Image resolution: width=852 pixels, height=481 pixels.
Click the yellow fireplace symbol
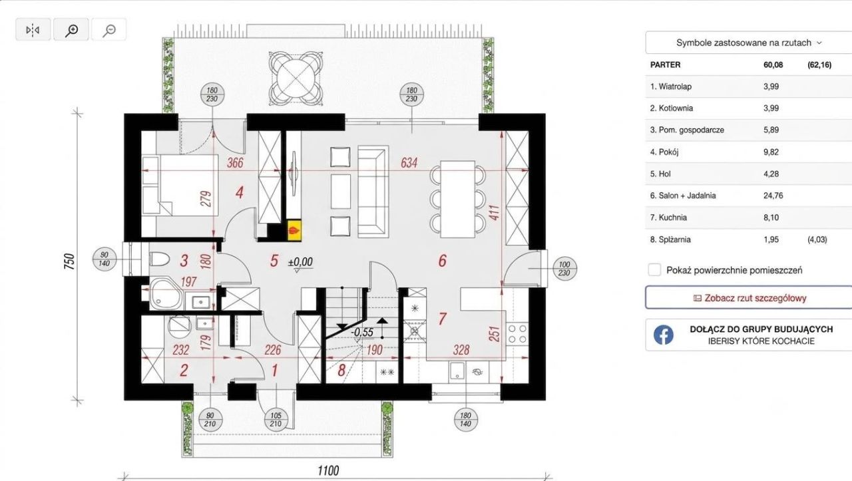point(294,230)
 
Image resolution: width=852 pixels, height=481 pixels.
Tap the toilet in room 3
point(159,259)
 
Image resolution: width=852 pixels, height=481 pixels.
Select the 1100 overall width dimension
point(328,471)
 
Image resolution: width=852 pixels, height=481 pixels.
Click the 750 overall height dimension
point(69,261)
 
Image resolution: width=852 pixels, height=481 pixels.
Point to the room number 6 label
point(442,261)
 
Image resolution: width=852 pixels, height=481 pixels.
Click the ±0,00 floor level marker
point(300,262)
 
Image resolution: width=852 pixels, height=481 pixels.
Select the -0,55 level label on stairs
point(362,333)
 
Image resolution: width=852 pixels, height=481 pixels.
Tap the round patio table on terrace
point(296,79)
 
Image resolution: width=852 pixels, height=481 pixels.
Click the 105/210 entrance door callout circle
point(276,420)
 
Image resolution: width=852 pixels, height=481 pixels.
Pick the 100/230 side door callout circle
point(564,269)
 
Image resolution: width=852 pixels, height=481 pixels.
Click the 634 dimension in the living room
point(409,163)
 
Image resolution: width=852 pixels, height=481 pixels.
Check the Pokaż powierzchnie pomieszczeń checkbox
point(654,270)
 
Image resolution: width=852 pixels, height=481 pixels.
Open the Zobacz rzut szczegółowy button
point(749,298)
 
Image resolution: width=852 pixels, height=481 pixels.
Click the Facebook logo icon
point(664,335)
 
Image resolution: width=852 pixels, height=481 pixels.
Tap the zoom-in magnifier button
point(71,29)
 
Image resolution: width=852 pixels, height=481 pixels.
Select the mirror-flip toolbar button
point(33,29)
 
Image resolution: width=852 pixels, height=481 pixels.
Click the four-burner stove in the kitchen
point(517,333)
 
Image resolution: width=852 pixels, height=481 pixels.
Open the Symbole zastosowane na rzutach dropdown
point(749,43)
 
